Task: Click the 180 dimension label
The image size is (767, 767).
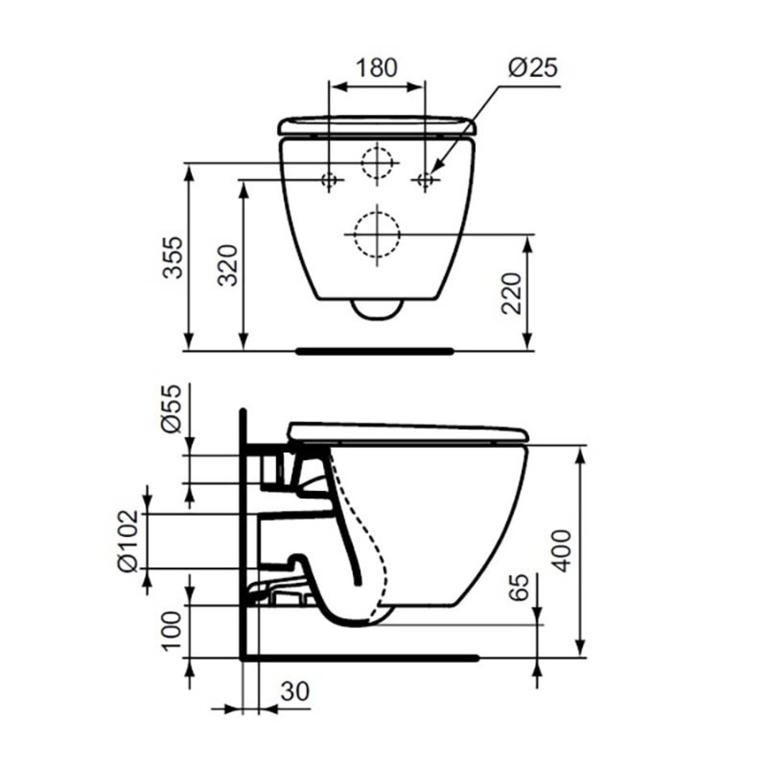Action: (376, 68)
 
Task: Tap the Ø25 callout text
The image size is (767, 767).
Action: (533, 68)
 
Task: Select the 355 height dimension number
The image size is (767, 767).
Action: (173, 258)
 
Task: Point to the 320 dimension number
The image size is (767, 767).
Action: (228, 265)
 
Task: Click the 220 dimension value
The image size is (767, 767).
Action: (512, 294)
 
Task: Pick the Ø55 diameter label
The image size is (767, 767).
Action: (172, 409)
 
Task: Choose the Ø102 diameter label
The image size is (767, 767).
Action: (128, 541)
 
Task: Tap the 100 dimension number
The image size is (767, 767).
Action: (172, 631)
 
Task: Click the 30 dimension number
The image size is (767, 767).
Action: (295, 691)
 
